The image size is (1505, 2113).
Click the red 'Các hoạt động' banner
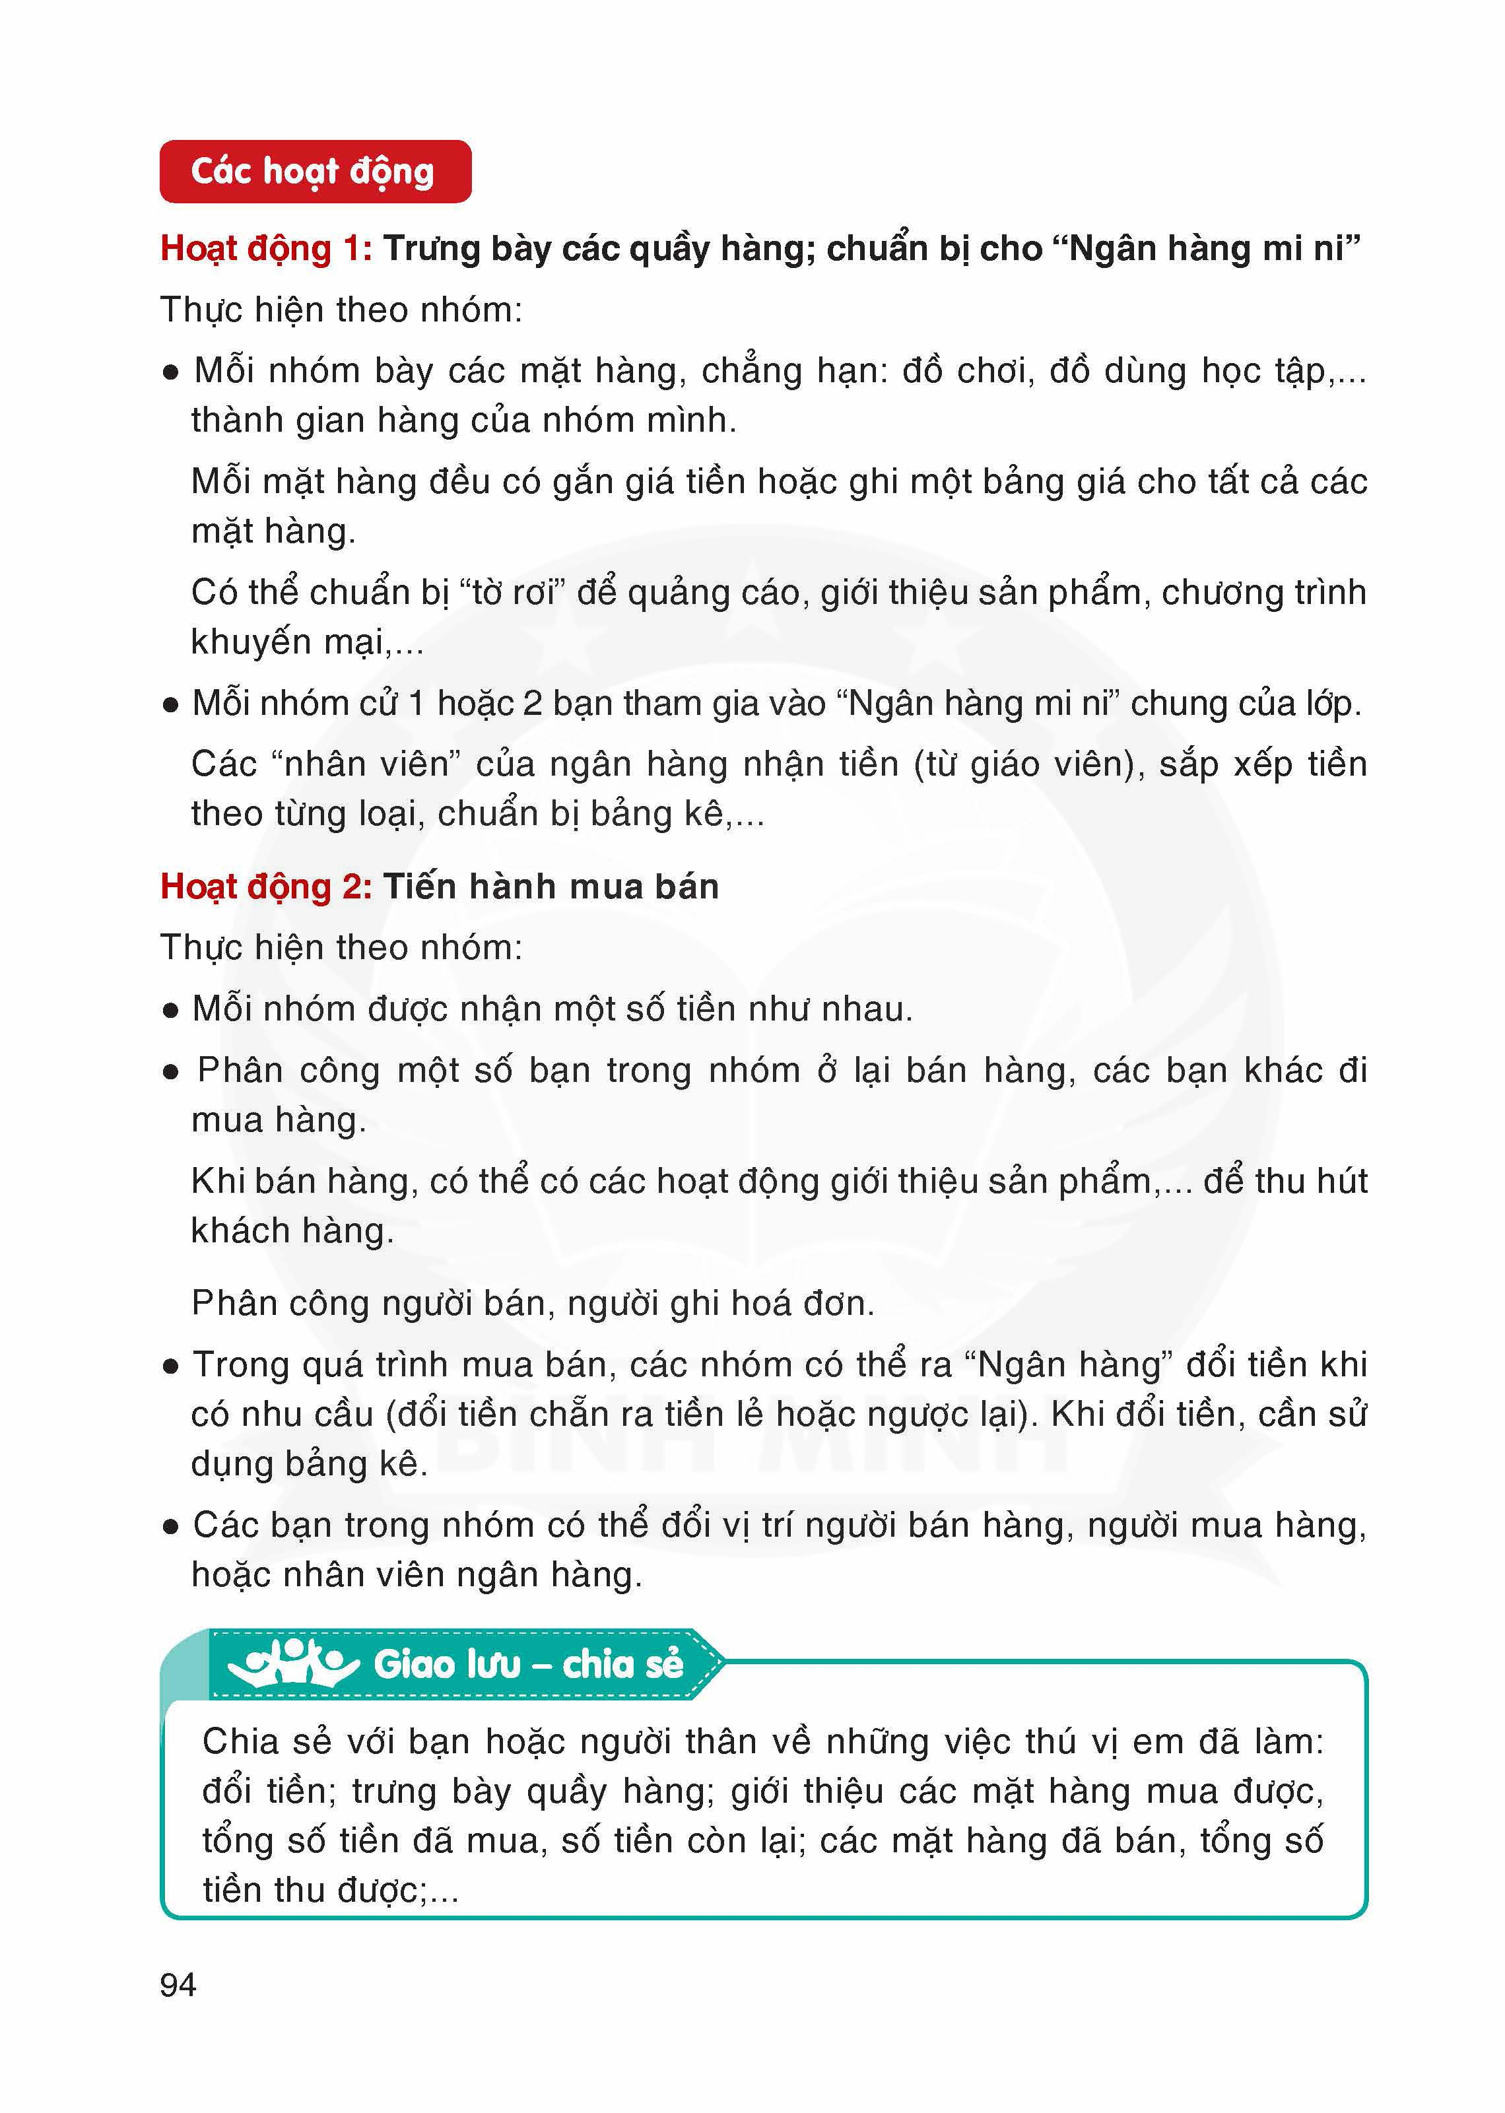pyautogui.click(x=314, y=172)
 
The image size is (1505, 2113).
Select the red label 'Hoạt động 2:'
pyautogui.click(x=266, y=887)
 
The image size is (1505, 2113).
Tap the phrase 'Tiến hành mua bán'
pyautogui.click(x=551, y=887)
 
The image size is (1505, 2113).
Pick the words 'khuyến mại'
pyautogui.click(x=286, y=642)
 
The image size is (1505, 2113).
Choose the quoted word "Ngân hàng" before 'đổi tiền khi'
pyautogui.click(x=1069, y=1364)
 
